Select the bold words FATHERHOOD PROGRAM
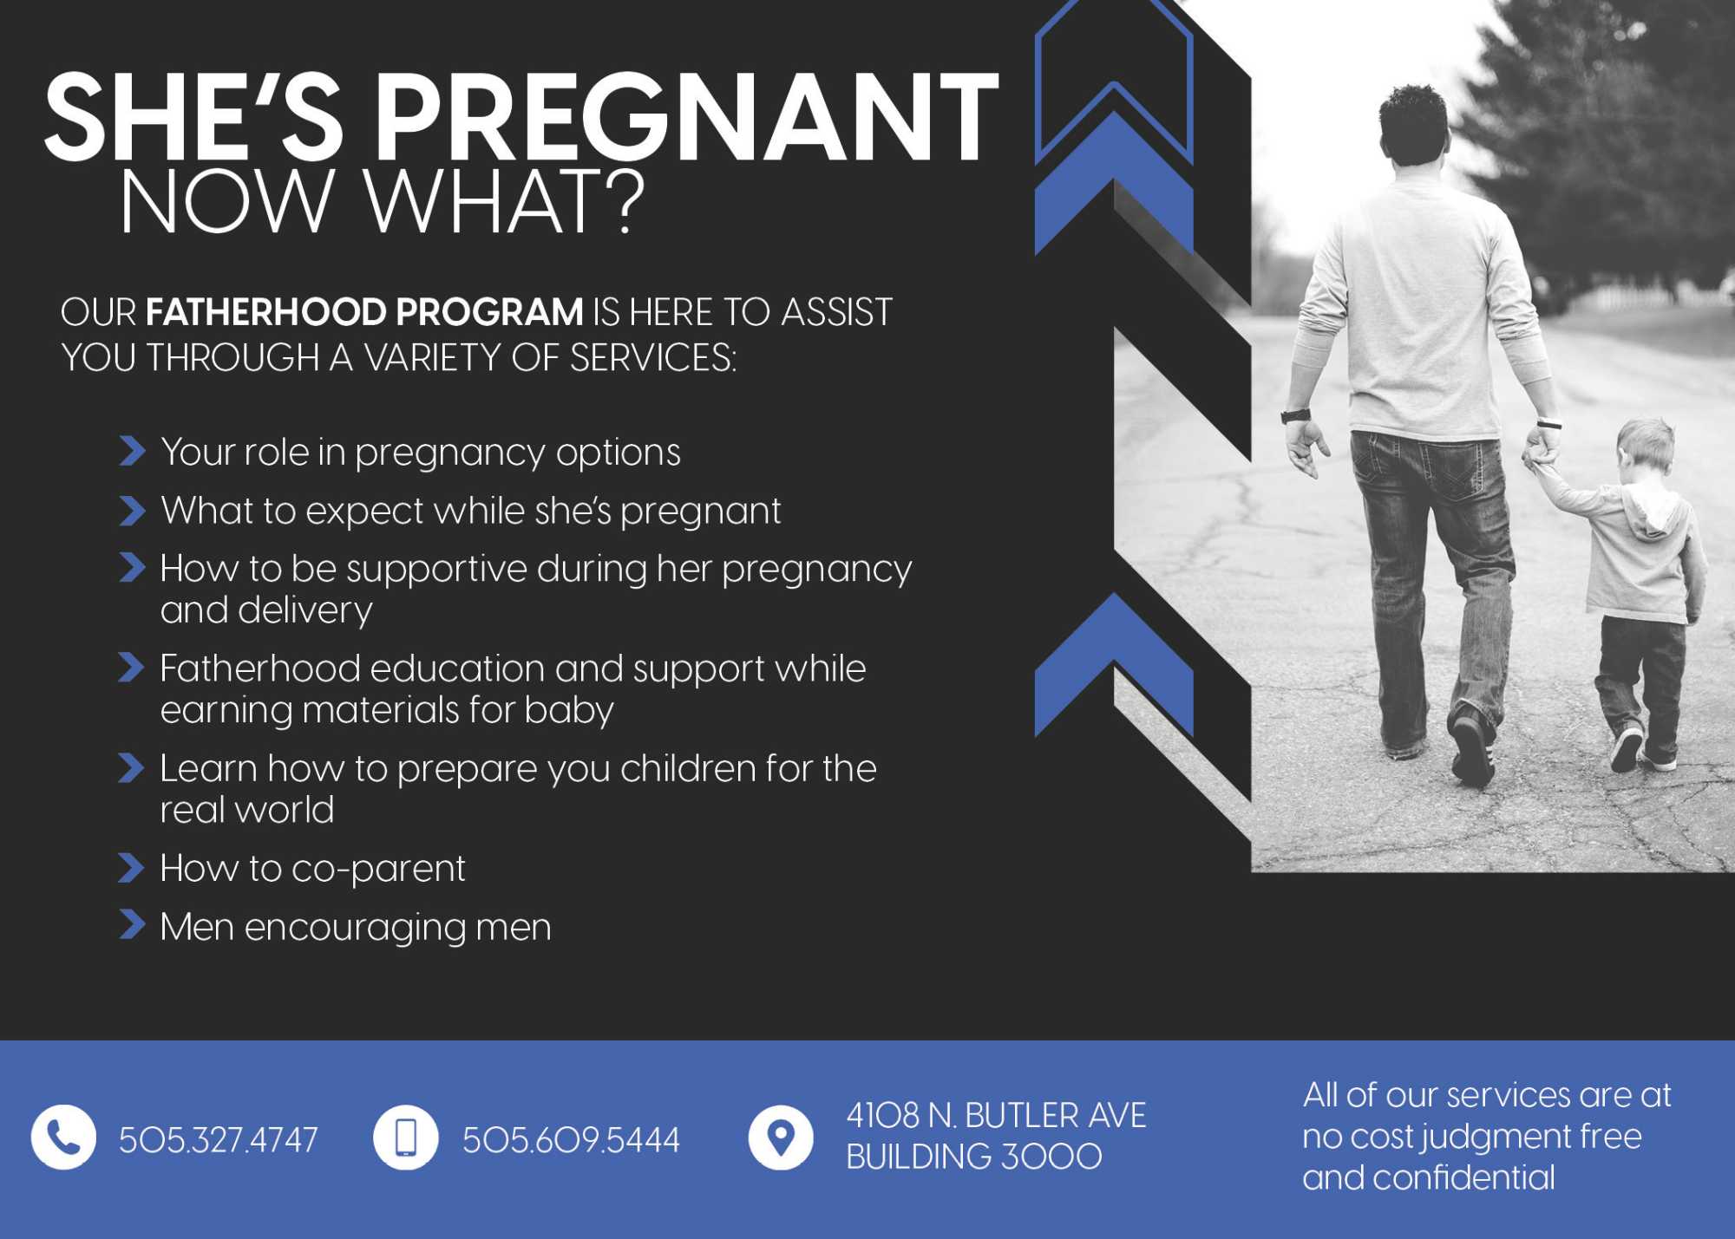click(364, 312)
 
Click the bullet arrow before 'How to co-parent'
click(131, 868)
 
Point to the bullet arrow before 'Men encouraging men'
click(131, 925)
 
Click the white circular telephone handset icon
click(63, 1138)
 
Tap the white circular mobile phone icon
click(405, 1138)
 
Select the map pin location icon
click(781, 1138)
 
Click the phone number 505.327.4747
click(219, 1139)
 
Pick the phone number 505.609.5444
click(571, 1139)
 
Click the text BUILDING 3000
click(973, 1157)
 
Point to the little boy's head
click(1645, 447)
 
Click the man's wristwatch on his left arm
click(1295, 415)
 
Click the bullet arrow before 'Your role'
click(131, 451)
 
